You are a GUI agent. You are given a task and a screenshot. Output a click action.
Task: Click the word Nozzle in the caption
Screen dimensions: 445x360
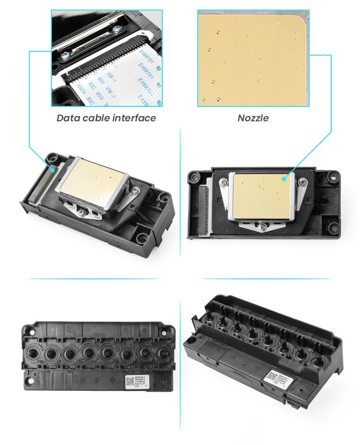tap(253, 118)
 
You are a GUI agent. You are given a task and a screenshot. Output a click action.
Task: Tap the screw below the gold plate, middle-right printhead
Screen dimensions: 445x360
tap(263, 225)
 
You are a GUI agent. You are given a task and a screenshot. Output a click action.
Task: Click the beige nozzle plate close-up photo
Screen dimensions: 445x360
tap(253, 58)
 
